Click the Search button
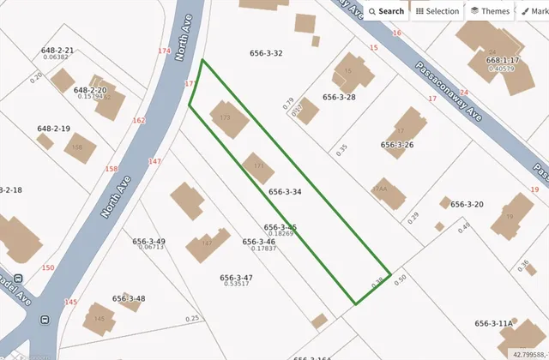pos(386,11)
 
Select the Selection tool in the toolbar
pos(437,11)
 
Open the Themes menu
pos(490,11)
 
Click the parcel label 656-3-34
pos(285,192)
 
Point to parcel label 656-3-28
pos(339,98)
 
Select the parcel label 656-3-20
pos(468,204)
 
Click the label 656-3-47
pos(236,278)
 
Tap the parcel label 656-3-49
pos(148,242)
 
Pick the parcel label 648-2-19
pos(53,129)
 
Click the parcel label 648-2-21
pos(57,51)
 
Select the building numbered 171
pos(257,166)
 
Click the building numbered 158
pos(77,148)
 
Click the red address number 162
pos(139,121)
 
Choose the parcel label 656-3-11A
pos(493,323)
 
